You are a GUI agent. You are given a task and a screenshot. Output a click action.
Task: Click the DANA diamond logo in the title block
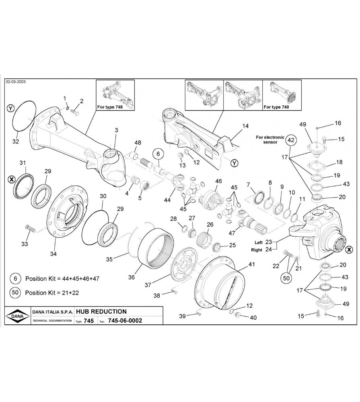tap(16, 316)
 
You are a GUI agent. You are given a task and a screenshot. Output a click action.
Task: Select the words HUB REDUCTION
tap(101, 312)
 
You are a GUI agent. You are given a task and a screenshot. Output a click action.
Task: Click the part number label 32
tap(16, 142)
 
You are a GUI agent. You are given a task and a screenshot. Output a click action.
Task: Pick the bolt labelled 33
tap(29, 229)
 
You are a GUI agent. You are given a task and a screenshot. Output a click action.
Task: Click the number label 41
tap(252, 264)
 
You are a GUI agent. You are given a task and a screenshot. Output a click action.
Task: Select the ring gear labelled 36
tap(157, 247)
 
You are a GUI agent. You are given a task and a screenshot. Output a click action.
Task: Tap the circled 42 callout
tap(291, 140)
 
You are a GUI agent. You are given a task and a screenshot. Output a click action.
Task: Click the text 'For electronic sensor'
tap(269, 139)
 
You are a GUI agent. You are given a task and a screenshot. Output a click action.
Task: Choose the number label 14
tap(245, 126)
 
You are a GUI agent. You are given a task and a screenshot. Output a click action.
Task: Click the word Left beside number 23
tap(258, 242)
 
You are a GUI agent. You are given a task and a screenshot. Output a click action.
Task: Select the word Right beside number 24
tap(257, 250)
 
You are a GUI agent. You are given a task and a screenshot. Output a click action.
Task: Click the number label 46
tap(218, 181)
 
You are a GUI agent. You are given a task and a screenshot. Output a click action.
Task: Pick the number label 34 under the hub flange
tap(53, 254)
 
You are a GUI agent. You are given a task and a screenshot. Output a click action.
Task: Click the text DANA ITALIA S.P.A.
tap(51, 312)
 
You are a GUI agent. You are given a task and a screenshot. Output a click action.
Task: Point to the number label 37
tap(148, 285)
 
